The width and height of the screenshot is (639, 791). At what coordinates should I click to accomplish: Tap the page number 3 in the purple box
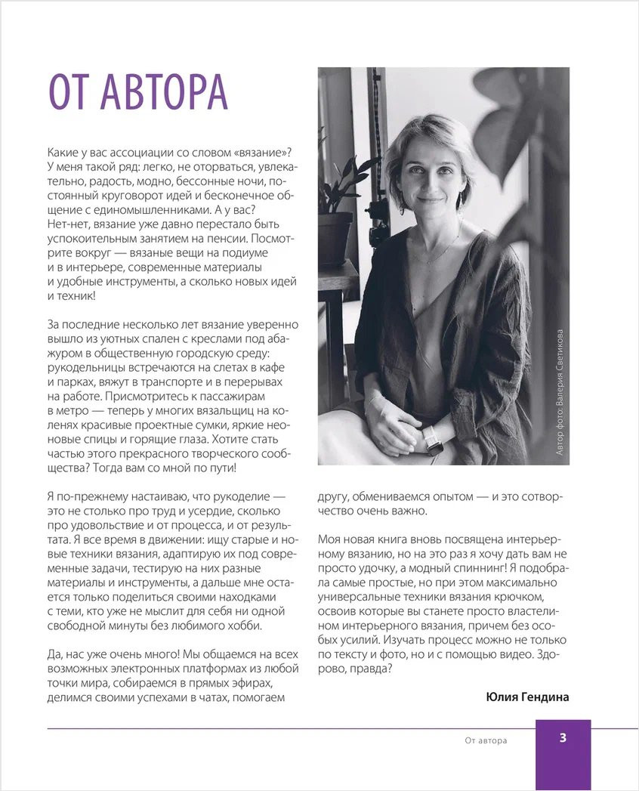(563, 738)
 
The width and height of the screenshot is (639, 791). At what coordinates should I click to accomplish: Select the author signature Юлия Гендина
(528, 697)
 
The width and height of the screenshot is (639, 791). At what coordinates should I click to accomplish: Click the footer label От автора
(486, 740)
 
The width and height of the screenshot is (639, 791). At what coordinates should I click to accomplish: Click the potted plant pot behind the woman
(335, 237)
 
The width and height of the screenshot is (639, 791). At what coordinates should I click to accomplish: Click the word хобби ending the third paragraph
(245, 626)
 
